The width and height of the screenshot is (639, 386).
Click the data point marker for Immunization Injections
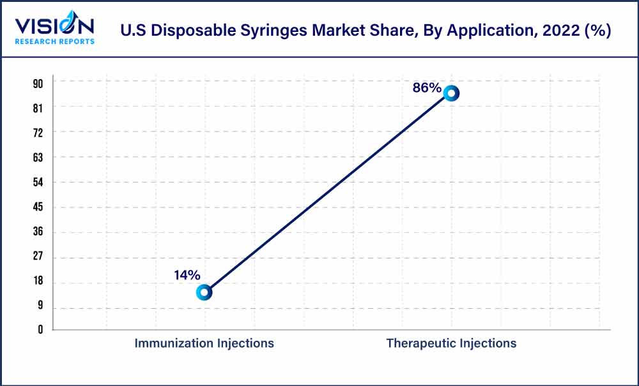click(204, 292)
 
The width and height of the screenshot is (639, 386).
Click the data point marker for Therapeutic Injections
click(451, 93)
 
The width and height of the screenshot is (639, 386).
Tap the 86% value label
click(427, 88)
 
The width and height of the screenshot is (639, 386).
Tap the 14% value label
click(187, 276)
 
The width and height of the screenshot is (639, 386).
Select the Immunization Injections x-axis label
click(204, 343)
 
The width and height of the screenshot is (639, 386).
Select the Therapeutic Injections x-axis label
click(451, 343)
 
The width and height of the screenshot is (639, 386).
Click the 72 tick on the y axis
click(38, 132)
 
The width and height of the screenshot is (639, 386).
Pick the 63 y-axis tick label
click(38, 157)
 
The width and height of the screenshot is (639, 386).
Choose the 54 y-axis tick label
click(38, 182)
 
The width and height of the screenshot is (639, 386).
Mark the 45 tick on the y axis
click(38, 207)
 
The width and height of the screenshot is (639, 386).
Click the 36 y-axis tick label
click(38, 232)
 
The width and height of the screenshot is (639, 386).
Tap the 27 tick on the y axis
click(38, 257)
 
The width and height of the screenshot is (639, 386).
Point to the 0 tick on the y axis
click(40, 330)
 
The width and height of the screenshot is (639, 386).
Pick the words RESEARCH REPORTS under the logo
click(55, 41)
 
